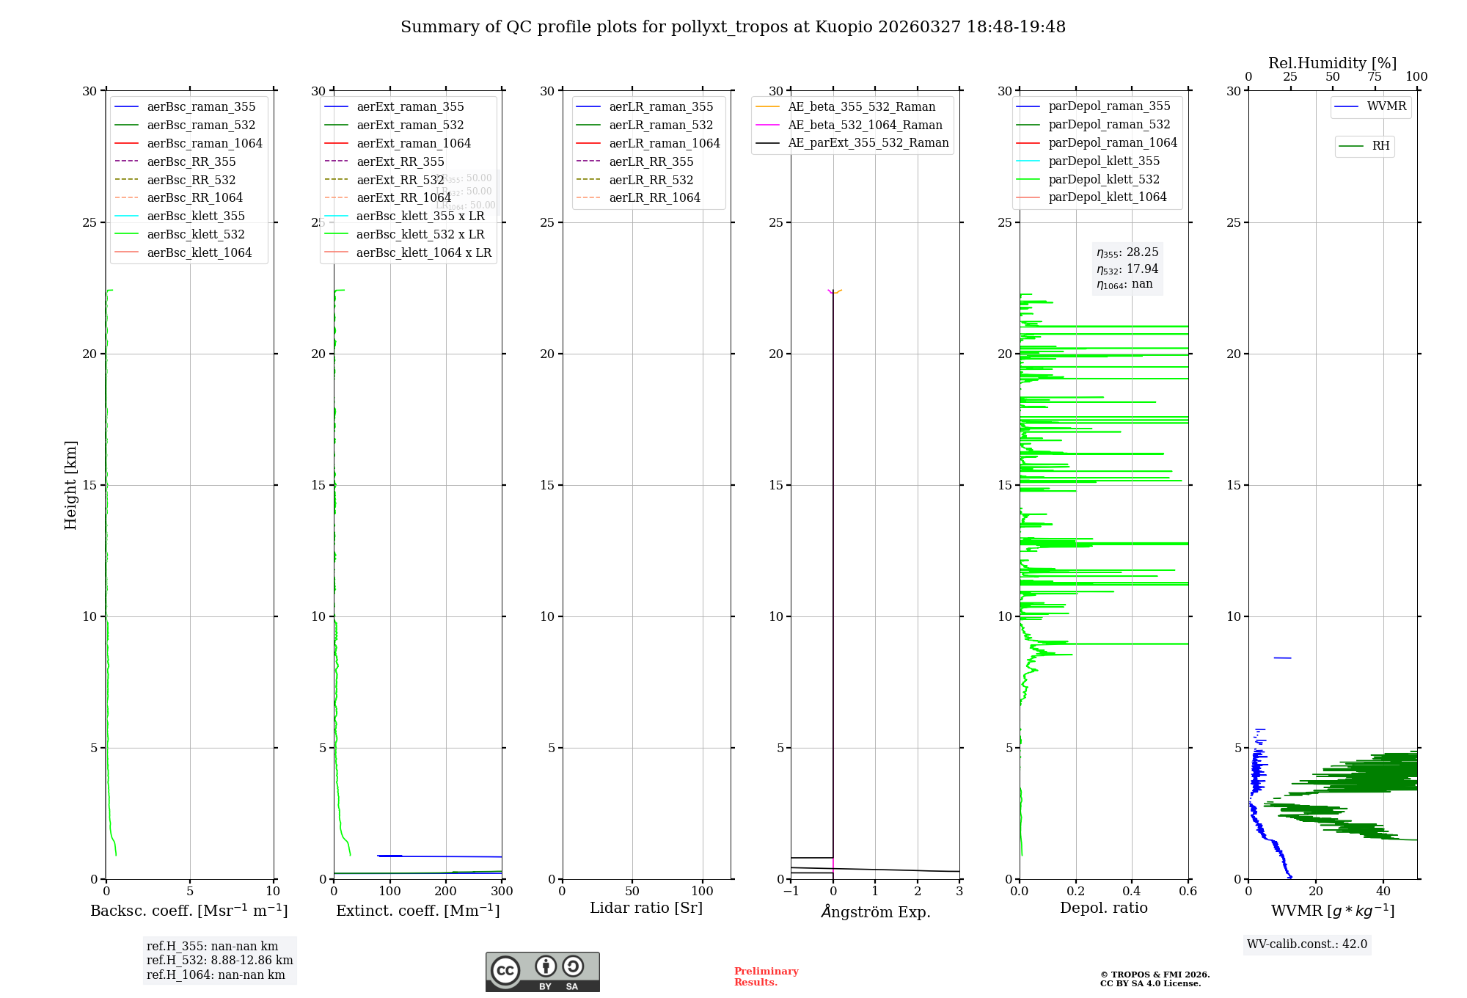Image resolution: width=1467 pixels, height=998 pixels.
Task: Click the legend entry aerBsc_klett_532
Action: point(196,234)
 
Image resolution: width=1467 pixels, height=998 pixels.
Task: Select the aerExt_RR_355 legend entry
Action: point(400,161)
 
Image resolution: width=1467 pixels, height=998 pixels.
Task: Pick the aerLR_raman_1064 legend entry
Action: point(665,143)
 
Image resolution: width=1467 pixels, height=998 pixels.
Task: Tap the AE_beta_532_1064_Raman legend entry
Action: point(865,125)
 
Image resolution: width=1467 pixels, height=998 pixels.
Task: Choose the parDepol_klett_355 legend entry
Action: point(1104,161)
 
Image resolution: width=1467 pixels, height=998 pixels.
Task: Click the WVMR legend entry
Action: point(1386,106)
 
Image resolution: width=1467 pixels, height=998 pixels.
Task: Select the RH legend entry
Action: point(1380,146)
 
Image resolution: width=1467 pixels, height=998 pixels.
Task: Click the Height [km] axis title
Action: point(70,485)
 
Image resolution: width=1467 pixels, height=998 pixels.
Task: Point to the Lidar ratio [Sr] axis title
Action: point(646,908)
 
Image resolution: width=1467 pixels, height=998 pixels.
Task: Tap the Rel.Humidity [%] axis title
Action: point(1332,63)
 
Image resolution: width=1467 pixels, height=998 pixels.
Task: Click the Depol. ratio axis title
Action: point(1103,908)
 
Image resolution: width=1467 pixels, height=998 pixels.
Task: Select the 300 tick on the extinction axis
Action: point(502,892)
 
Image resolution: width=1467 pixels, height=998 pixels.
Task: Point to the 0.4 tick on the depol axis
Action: point(1132,892)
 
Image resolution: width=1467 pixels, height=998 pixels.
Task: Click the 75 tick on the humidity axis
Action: point(1375,77)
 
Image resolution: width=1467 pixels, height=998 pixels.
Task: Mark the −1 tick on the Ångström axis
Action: point(791,892)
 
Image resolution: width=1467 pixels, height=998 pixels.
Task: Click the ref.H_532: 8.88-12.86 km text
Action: point(219,960)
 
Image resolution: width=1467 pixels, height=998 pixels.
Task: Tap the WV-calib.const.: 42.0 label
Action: point(1307,944)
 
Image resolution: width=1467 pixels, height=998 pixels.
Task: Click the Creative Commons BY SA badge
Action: point(542,972)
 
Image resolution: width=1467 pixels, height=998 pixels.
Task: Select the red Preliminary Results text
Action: point(766,977)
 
